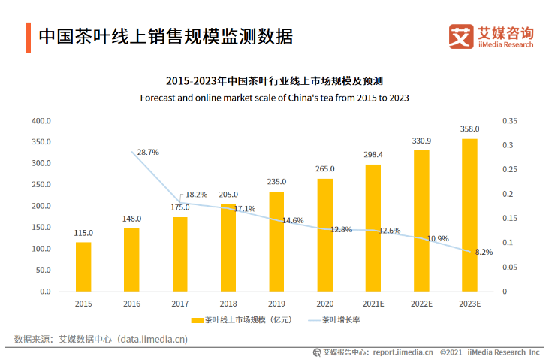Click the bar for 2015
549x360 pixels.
83,266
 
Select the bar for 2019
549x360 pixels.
276,241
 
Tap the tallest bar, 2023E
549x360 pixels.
469,214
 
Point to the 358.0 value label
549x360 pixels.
470,129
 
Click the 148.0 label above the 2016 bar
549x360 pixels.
131,219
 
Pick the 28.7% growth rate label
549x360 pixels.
148,152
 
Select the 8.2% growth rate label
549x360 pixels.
484,253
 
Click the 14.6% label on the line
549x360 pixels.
293,221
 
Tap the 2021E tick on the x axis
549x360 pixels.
373,304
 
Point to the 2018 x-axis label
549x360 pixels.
228,304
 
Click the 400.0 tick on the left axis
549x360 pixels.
41,121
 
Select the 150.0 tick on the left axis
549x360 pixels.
41,228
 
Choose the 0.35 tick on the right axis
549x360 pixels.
511,121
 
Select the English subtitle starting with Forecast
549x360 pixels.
274,98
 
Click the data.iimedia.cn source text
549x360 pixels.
150,340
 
